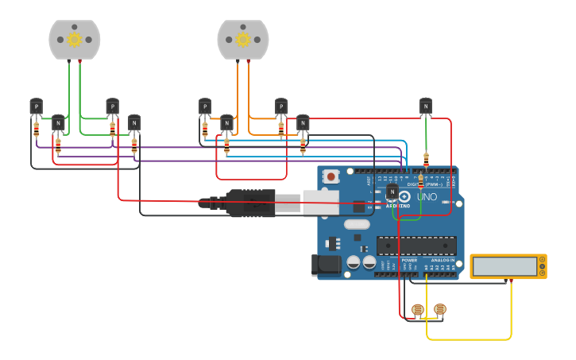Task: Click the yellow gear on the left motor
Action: pyautogui.click(x=75, y=40)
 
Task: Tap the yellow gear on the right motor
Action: pyautogui.click(x=243, y=40)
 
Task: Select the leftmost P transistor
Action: pyautogui.click(x=36, y=106)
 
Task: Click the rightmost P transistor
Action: pyautogui.click(x=280, y=106)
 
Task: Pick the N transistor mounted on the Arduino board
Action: pyautogui.click(x=392, y=192)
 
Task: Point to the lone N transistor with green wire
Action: pyautogui.click(x=426, y=106)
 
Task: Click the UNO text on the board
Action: pyautogui.click(x=427, y=196)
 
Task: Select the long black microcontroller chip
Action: pyautogui.click(x=416, y=247)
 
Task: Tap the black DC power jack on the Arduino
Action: pyautogui.click(x=327, y=265)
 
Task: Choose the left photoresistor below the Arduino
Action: pyautogui.click(x=417, y=310)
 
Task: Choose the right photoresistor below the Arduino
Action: pyautogui.click(x=440, y=309)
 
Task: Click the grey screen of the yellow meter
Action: pyautogui.click(x=504, y=266)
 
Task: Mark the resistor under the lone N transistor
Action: pyautogui.click(x=426, y=159)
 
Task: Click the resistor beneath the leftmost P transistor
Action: pyautogui.click(x=36, y=130)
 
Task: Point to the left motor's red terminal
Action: pyautogui.click(x=79, y=61)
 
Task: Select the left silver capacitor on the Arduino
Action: pyautogui.click(x=353, y=261)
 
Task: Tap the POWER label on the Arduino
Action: pyautogui.click(x=409, y=260)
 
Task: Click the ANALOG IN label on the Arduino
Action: pyautogui.click(x=443, y=260)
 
